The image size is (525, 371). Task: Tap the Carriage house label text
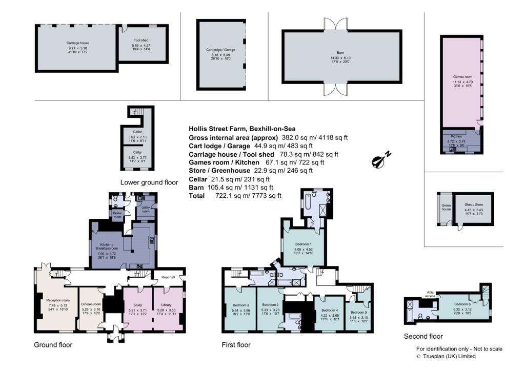(75, 43)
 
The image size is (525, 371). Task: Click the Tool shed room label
(141, 40)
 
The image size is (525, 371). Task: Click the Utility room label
(145, 209)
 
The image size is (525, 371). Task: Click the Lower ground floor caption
(149, 182)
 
